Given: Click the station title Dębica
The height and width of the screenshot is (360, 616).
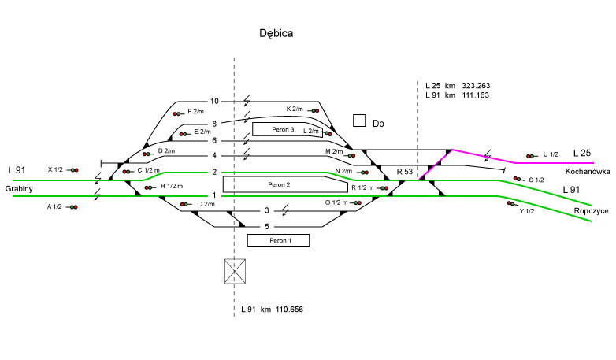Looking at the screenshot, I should [276, 34].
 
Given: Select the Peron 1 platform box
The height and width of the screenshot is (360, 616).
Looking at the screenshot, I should [278, 240].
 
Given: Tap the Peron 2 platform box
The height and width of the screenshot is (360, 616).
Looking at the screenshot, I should [280, 184].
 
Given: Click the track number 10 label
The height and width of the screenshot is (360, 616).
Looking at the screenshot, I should [214, 102].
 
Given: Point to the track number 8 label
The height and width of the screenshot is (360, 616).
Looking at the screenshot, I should [214, 124].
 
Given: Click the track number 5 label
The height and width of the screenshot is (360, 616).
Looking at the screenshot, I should [267, 227].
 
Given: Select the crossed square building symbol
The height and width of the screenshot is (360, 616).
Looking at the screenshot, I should [236, 271].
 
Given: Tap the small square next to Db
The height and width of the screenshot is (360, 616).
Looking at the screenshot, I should [359, 121].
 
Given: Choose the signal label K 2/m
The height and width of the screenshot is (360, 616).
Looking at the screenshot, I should [295, 109].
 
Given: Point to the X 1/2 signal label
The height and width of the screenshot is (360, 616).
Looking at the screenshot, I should [55, 169].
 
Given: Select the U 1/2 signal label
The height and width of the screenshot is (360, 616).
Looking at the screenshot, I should [551, 154].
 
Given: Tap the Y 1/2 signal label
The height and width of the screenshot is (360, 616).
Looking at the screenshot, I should [527, 211].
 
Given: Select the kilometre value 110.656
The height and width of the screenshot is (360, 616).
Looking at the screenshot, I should [290, 310].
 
